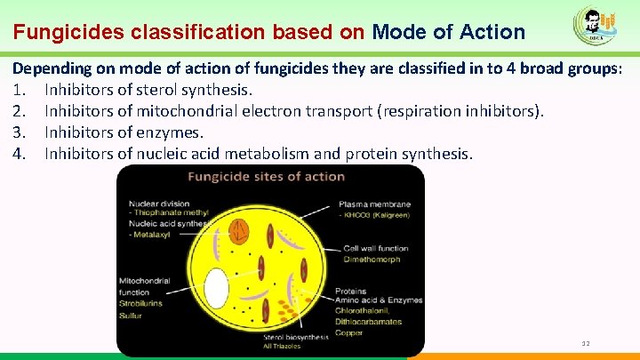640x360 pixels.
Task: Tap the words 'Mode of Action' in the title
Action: point(449,33)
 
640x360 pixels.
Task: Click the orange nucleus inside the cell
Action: point(238,231)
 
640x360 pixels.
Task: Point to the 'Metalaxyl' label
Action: point(152,234)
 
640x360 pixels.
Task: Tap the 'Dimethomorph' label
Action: point(368,259)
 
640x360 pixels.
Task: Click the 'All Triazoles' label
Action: point(283,347)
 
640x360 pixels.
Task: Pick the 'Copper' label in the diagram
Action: point(348,332)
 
